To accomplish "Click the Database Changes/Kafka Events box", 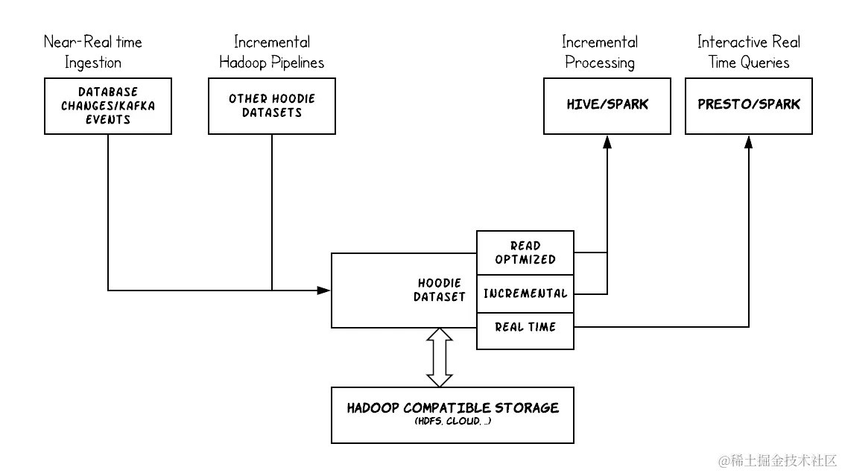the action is coord(108,106).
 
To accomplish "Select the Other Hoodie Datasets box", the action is coord(272,106).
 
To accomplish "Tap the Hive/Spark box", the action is coord(607,105).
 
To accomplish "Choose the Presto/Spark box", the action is coord(749,105).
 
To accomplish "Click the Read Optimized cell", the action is coord(525,253).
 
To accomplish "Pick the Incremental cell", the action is coord(525,293).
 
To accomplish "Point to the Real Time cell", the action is coord(525,327).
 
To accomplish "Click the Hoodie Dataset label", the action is coord(440,290).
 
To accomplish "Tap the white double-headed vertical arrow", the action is coord(440,358).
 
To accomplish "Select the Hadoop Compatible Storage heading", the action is coord(452,408).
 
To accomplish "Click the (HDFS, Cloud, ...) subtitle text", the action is coord(452,422).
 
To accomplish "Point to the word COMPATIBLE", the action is coord(449,408).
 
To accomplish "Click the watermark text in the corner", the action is coord(777,460).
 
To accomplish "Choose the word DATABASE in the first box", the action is coord(108,92).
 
